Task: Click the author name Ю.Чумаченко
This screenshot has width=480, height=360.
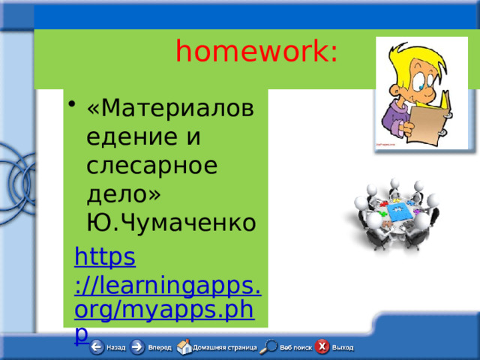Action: point(172,222)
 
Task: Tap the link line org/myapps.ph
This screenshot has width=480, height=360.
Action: point(164,310)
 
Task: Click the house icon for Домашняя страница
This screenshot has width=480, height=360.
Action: point(184,347)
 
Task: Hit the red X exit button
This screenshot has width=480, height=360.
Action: point(322,347)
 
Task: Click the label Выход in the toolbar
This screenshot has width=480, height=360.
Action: point(343,348)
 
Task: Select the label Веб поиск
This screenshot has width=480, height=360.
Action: point(296,348)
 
